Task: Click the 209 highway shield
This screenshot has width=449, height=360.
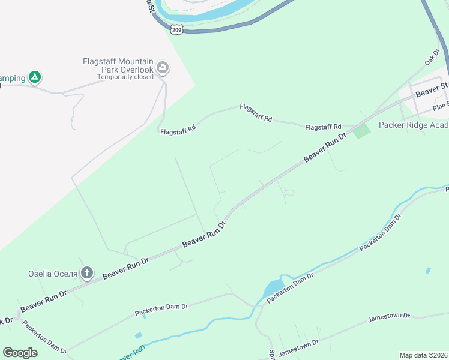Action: pos(176,29)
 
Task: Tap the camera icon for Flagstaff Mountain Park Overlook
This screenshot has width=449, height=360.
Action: pos(162,69)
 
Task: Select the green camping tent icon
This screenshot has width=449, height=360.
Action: pos(35,77)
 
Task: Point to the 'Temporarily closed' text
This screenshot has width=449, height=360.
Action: pos(126,77)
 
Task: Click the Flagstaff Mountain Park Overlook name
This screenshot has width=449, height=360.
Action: pos(118,65)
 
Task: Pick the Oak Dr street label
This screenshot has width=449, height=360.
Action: pos(432,58)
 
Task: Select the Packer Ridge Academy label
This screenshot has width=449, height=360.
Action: pos(414,125)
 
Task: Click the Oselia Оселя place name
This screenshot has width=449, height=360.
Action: pos(53,274)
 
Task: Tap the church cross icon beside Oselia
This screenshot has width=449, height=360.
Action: pos(87,274)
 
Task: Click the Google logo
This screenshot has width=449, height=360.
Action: pos(20,353)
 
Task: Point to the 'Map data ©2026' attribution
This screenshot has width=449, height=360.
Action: pos(423,355)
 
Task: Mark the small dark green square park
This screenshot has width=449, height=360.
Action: pos(361,131)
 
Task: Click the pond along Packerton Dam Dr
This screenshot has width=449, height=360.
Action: pos(273,289)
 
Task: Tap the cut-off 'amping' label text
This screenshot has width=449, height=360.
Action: pos(12,78)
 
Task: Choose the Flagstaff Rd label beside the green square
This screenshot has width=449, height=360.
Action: pos(323,127)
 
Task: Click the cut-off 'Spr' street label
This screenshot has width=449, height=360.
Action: pos(271,355)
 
